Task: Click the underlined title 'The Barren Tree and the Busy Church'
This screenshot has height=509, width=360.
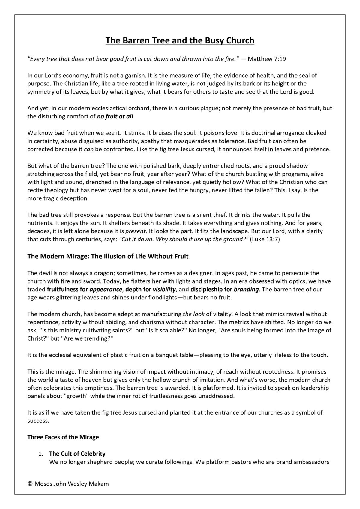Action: click(180, 40)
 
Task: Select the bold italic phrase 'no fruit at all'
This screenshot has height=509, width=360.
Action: click(115, 116)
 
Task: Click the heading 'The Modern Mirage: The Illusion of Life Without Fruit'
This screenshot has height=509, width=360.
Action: click(108, 256)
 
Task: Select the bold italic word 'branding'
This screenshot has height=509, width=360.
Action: click(246, 290)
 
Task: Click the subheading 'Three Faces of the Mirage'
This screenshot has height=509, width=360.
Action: click(63, 437)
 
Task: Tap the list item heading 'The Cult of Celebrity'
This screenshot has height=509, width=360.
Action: click(77, 454)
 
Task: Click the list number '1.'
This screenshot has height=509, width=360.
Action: click(41, 454)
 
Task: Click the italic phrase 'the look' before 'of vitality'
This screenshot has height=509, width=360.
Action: click(194, 314)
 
